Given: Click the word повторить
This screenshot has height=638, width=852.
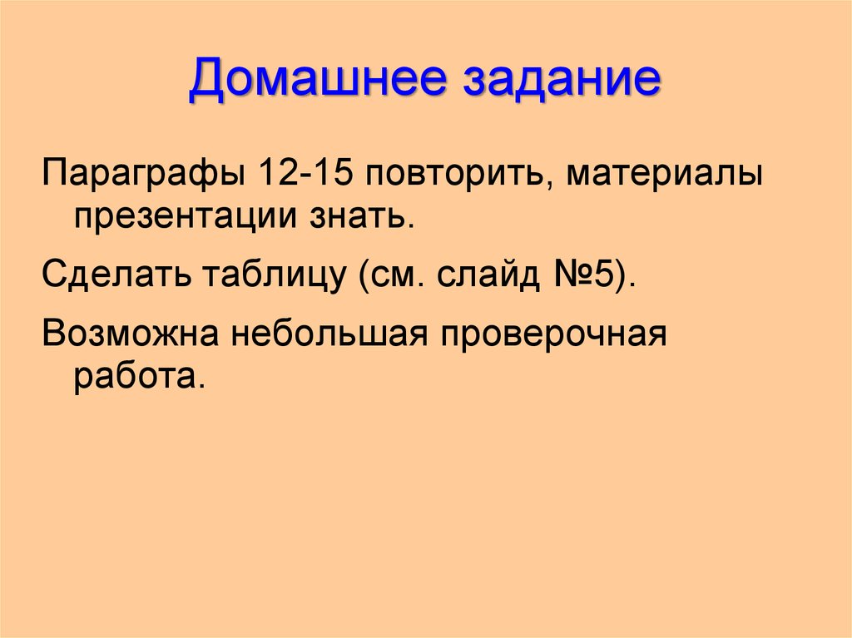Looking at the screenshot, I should coord(447,178).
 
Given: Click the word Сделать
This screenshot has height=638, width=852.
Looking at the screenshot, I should coord(113,274).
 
